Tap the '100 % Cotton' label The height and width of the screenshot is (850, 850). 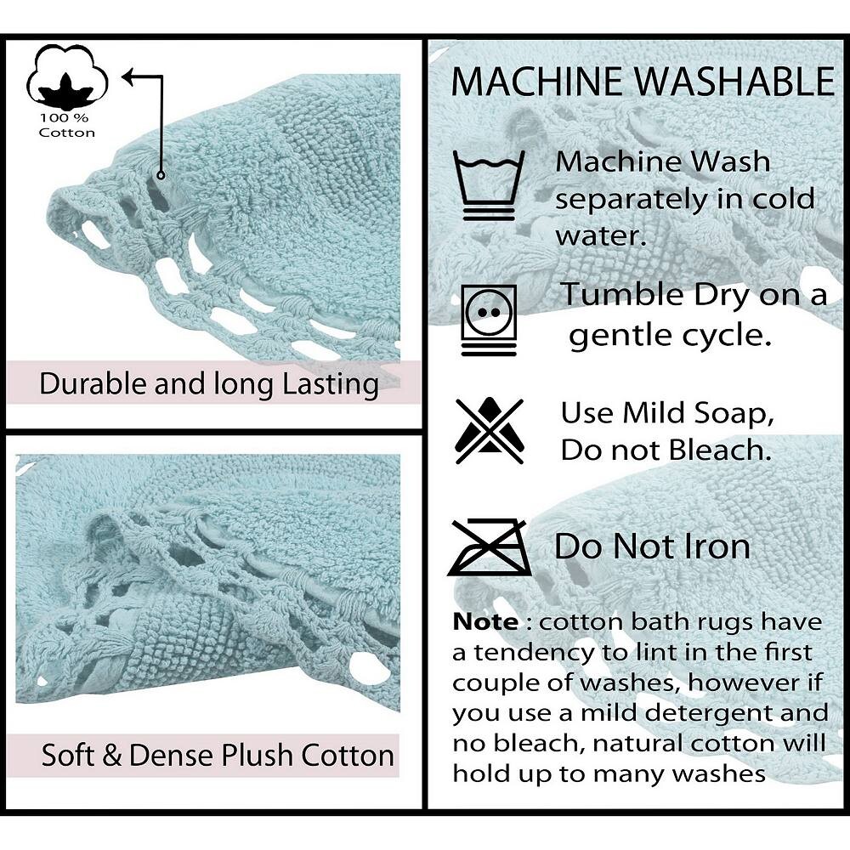[x=66, y=125]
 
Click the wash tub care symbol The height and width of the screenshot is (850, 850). [x=489, y=185]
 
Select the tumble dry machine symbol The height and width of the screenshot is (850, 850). [x=489, y=320]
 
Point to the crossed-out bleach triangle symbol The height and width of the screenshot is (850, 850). [x=490, y=430]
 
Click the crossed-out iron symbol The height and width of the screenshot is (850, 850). [x=490, y=547]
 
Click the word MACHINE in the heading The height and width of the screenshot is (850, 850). [x=538, y=82]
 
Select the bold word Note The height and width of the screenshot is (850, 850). [x=485, y=622]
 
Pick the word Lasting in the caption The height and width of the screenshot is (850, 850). [x=331, y=385]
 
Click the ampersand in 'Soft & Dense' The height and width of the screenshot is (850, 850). [x=111, y=755]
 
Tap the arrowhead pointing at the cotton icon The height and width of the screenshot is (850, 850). [x=128, y=76]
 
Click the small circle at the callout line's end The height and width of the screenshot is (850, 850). [x=161, y=175]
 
